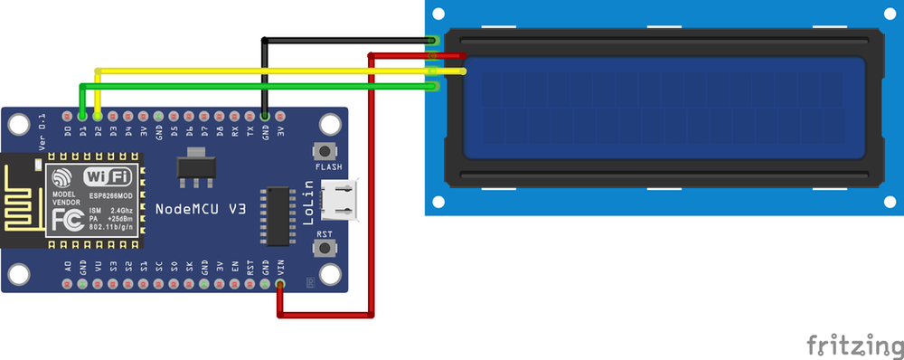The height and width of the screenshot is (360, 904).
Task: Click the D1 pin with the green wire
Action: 82,117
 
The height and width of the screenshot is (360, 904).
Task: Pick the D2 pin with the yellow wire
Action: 98,117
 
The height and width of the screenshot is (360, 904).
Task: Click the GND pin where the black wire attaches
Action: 265,117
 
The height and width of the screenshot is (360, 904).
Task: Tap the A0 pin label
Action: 68,267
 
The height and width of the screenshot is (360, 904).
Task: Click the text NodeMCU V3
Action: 201,209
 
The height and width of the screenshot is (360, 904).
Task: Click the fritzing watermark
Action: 853,345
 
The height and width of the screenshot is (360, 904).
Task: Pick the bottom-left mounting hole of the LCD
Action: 438,201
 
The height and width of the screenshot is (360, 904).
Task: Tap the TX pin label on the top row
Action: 250,133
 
